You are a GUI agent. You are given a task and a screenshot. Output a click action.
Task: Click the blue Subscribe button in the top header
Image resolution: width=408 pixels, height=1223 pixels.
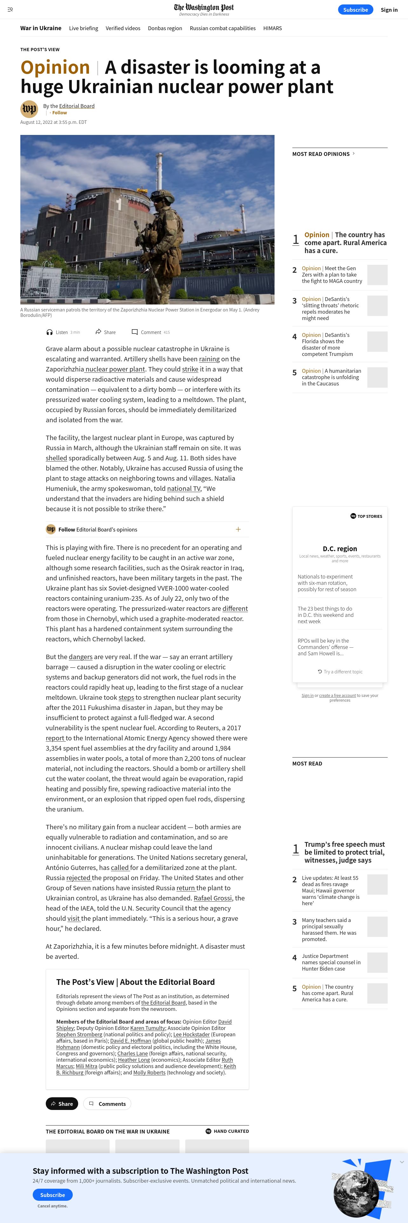pyautogui.click(x=355, y=10)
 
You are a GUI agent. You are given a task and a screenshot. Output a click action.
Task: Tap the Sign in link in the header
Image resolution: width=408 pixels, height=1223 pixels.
pyautogui.click(x=389, y=10)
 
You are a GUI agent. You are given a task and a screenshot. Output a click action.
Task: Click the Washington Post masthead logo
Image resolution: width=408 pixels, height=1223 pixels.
pyautogui.click(x=204, y=8)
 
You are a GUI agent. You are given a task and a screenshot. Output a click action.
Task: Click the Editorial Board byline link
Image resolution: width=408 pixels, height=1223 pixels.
pyautogui.click(x=77, y=106)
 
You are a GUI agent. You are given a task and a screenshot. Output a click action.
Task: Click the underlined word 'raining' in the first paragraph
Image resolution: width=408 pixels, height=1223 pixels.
pyautogui.click(x=209, y=359)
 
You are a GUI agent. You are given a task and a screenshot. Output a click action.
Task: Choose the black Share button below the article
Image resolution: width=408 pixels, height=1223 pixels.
pyautogui.click(x=62, y=1103)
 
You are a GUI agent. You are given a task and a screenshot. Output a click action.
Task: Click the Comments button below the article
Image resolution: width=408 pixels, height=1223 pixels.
pyautogui.click(x=107, y=1103)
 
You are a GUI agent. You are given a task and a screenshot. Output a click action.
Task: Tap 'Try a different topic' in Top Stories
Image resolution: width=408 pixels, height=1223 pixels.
pyautogui.click(x=340, y=671)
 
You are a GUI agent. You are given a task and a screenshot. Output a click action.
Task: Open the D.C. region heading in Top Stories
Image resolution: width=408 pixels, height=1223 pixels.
pyautogui.click(x=340, y=548)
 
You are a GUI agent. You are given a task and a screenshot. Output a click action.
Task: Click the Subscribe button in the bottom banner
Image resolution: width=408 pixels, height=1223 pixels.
pyautogui.click(x=52, y=1194)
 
